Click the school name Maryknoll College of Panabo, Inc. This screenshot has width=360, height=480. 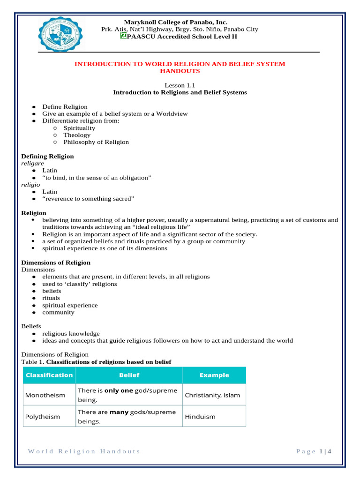[175, 22]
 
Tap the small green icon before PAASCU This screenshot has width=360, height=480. [123, 36]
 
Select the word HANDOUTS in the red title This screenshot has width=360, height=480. [180, 71]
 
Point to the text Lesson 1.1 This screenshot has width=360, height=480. [180, 85]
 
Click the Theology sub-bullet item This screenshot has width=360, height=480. [77, 135]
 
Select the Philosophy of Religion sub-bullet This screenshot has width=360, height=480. [96, 142]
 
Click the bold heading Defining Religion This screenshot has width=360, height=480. [48, 156]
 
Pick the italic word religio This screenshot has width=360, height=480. [30, 185]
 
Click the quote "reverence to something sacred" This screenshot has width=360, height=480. [88, 199]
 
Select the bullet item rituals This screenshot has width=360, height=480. [51, 298]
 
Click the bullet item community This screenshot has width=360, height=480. [58, 312]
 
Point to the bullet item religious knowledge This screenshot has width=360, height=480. [71, 334]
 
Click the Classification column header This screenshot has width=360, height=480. [49, 375]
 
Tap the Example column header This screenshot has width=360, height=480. [214, 375]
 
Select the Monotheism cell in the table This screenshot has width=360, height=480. [45, 395]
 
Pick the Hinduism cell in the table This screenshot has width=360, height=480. [200, 417]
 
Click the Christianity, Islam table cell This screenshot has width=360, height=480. [212, 395]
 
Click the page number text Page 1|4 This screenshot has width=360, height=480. [314, 451]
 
